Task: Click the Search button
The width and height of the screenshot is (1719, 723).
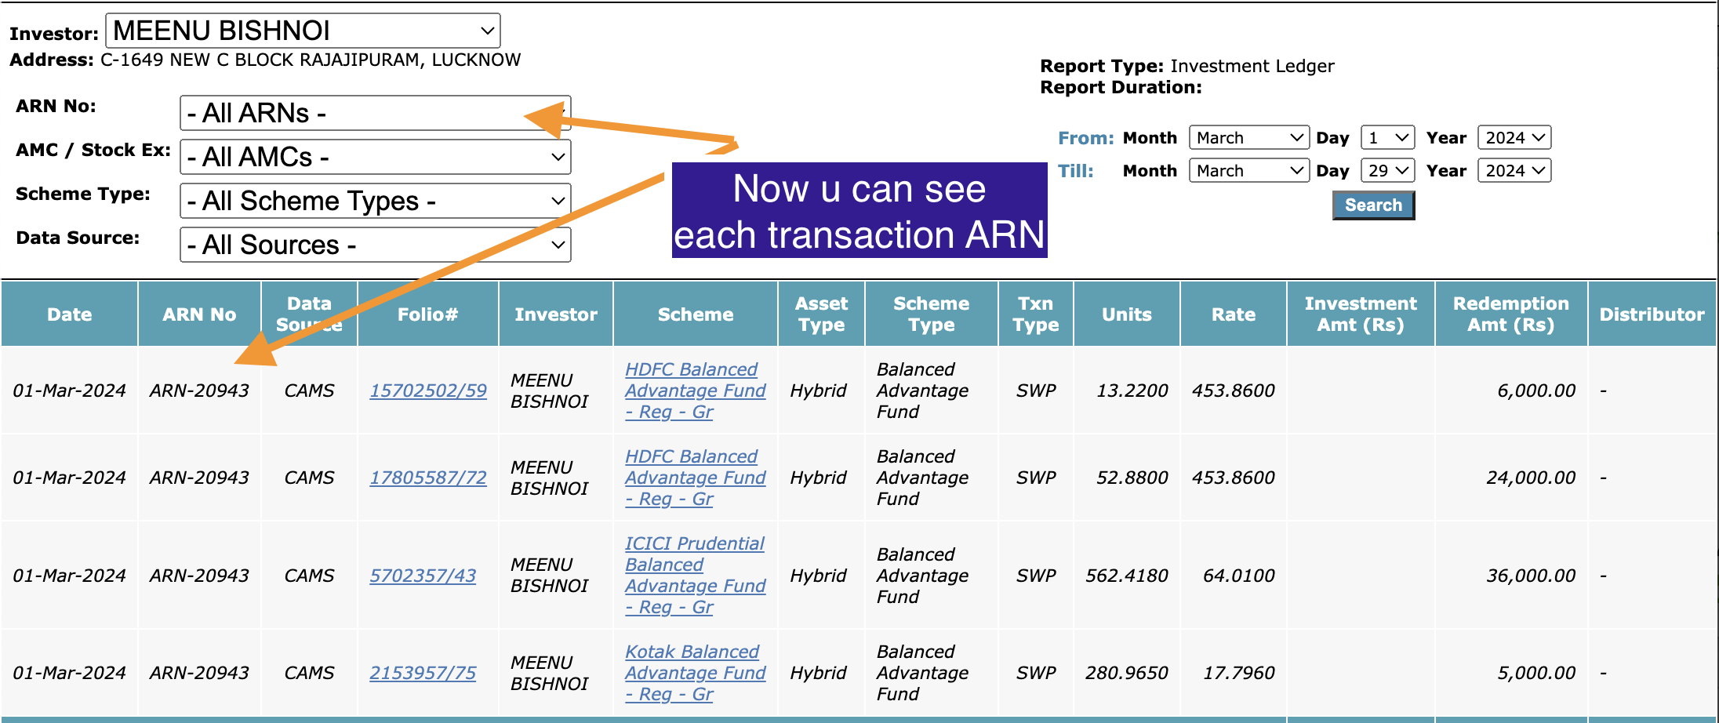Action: tap(1373, 205)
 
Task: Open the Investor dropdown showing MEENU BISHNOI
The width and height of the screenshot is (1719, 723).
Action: tap(303, 31)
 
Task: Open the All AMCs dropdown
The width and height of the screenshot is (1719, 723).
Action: tap(375, 157)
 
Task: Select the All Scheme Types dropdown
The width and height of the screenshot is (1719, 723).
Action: tap(375, 201)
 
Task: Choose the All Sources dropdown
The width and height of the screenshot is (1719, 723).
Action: tap(375, 245)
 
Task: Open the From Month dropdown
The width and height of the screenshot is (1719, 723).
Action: tap(1249, 138)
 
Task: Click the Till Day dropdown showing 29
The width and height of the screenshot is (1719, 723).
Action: tap(1387, 171)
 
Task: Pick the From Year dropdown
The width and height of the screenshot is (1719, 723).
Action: tap(1514, 138)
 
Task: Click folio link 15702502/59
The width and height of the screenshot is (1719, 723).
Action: tap(428, 391)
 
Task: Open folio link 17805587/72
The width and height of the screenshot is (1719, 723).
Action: tap(428, 478)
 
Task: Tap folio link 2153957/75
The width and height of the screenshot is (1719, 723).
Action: tap(423, 673)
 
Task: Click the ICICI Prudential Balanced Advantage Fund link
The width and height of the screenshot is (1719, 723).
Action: tap(695, 576)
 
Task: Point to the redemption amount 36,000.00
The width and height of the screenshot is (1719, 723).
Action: tap(1531, 576)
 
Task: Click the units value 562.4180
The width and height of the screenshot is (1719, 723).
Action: tap(1127, 576)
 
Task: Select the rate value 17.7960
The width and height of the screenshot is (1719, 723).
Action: tap(1239, 673)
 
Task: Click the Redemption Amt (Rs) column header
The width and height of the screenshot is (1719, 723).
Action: tap(1511, 314)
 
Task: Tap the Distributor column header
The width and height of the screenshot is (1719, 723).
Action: tap(1652, 314)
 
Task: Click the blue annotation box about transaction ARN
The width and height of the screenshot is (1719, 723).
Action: tap(859, 210)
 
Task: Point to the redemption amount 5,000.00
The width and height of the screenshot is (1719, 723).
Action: tap(1536, 673)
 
